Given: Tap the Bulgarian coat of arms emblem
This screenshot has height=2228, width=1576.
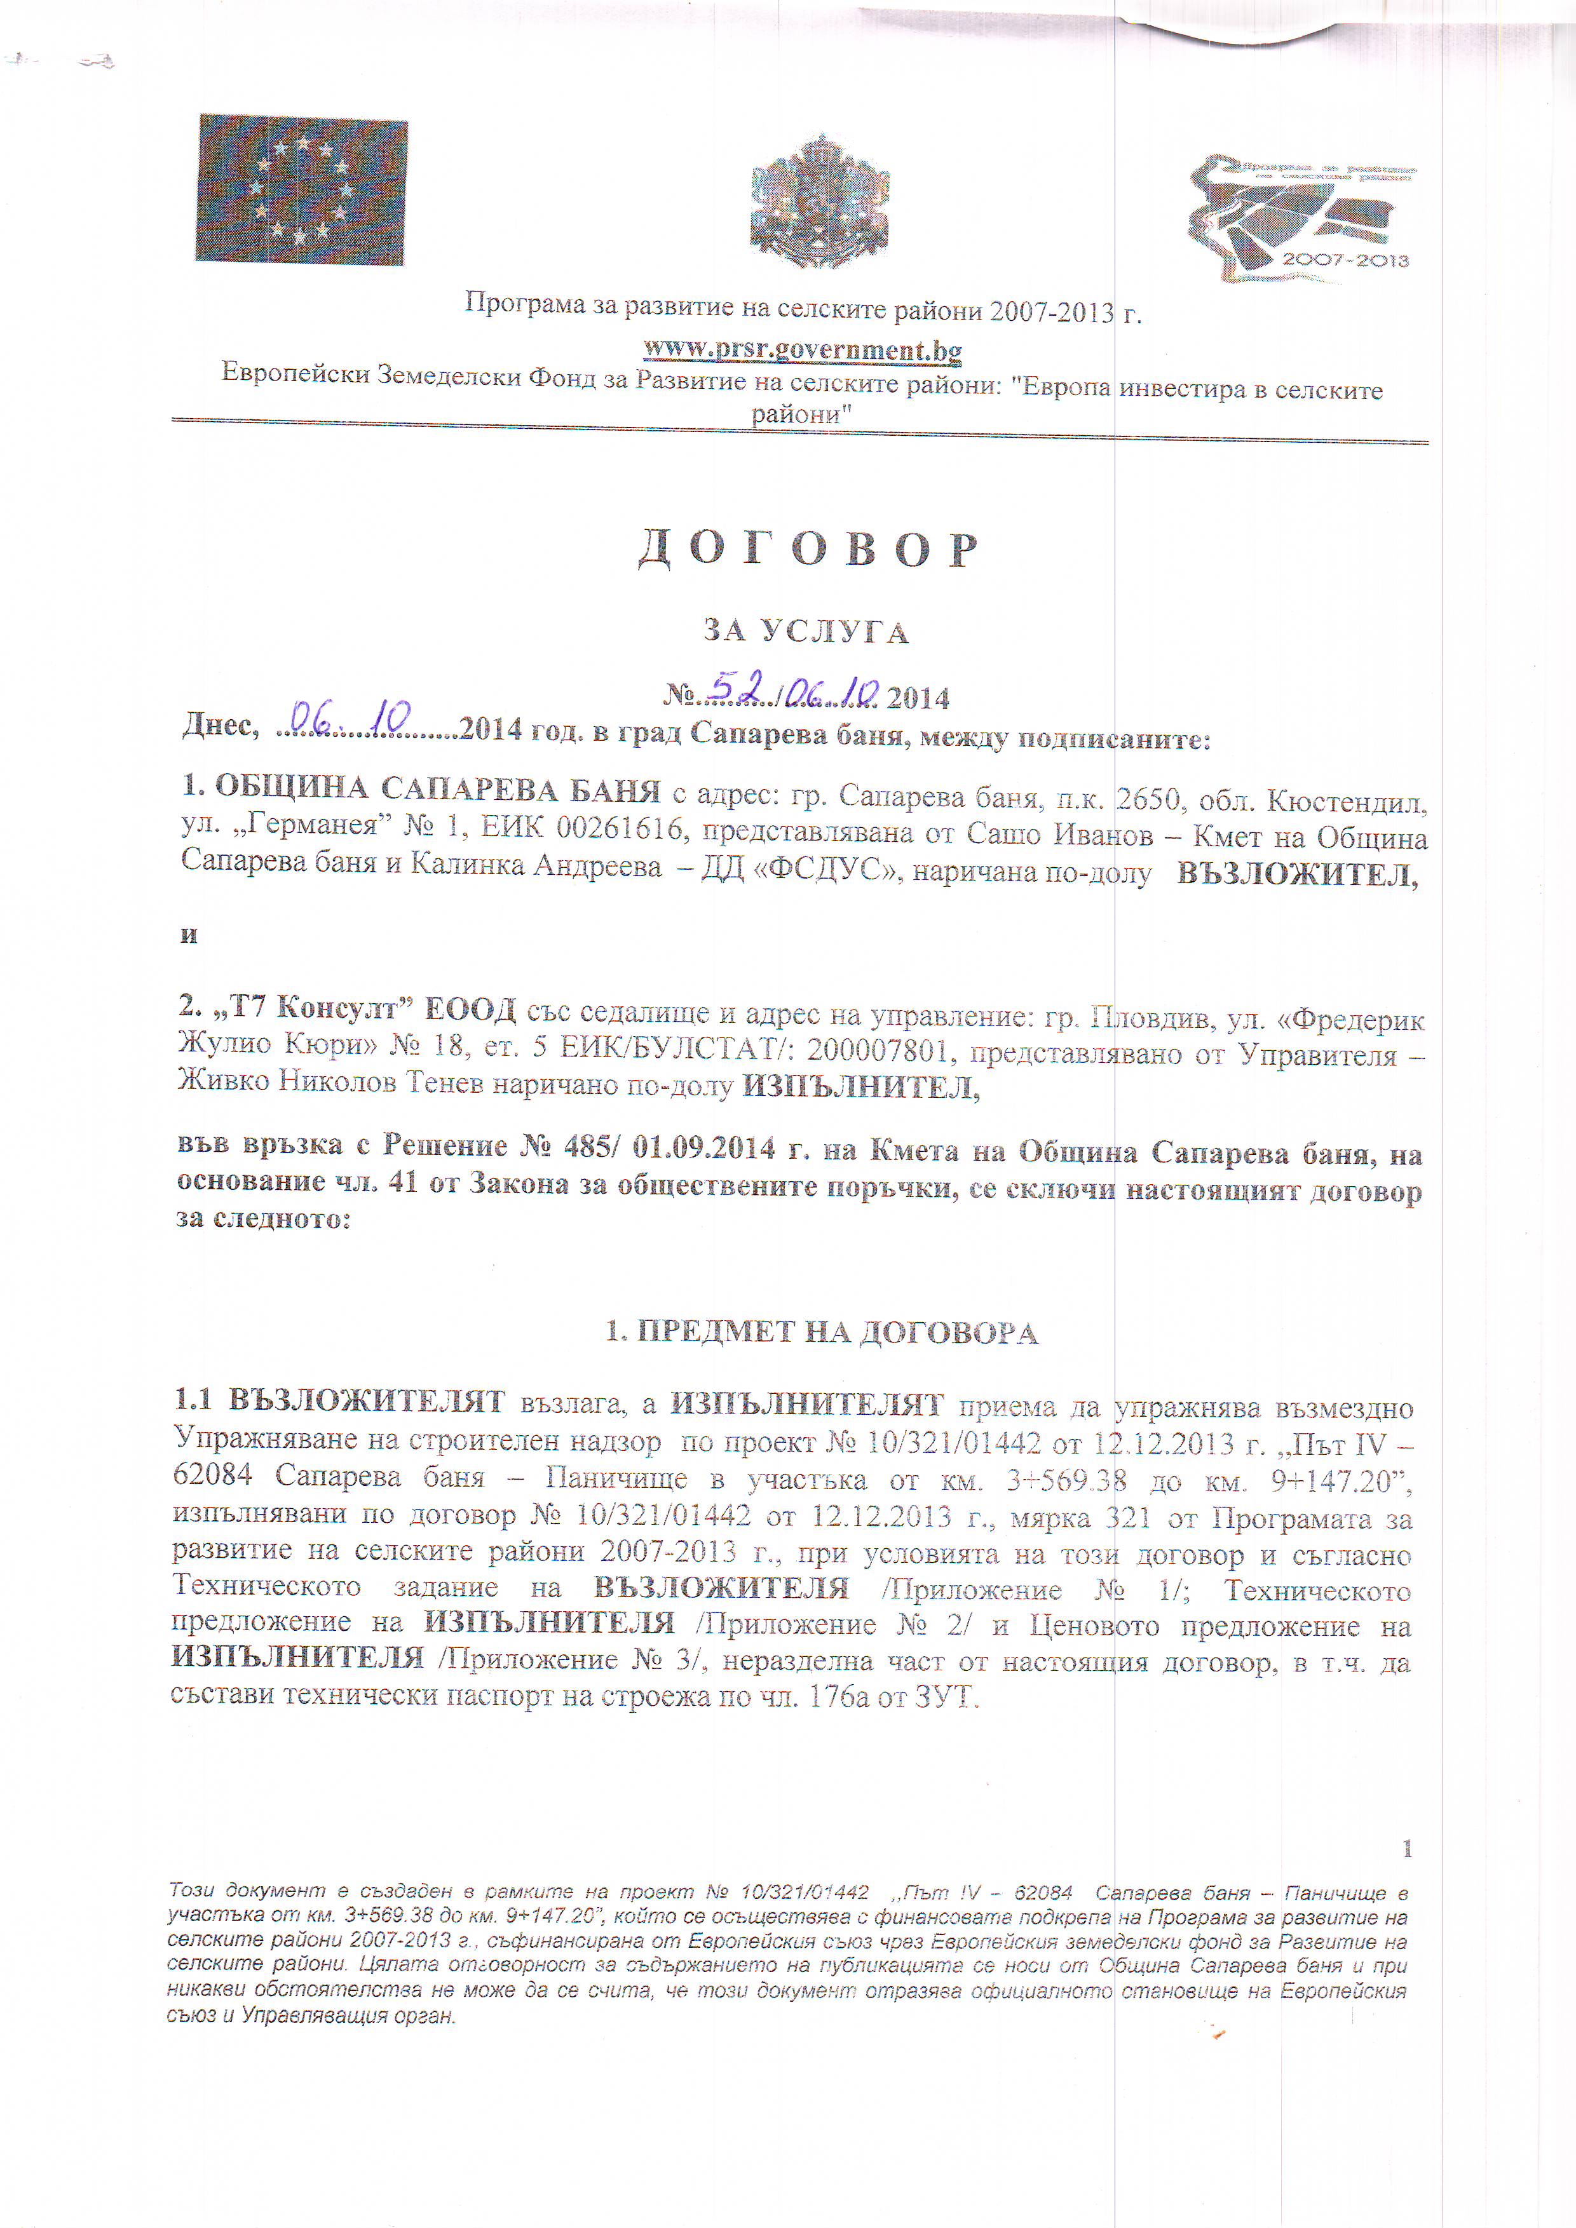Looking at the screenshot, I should tap(820, 201).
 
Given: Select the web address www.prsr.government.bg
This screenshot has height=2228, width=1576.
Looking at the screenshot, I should tap(803, 349).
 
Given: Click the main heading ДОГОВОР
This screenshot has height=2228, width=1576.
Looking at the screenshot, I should tap(808, 550).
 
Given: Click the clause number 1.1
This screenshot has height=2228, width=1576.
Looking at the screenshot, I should tap(193, 1400).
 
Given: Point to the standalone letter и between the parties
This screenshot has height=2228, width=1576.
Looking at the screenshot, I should tap(189, 935).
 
